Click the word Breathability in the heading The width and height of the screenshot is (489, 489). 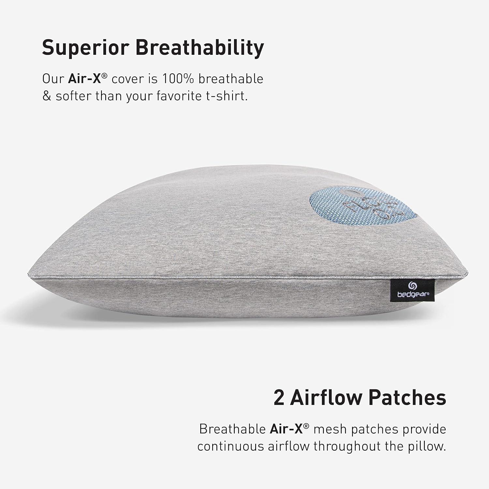tap(200, 48)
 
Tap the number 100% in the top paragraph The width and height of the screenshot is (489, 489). tap(179, 79)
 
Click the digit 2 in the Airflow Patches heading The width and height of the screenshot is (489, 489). tap(279, 397)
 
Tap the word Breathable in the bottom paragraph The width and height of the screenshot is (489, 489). tap(232, 429)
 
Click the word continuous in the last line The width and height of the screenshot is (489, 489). tap(230, 446)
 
